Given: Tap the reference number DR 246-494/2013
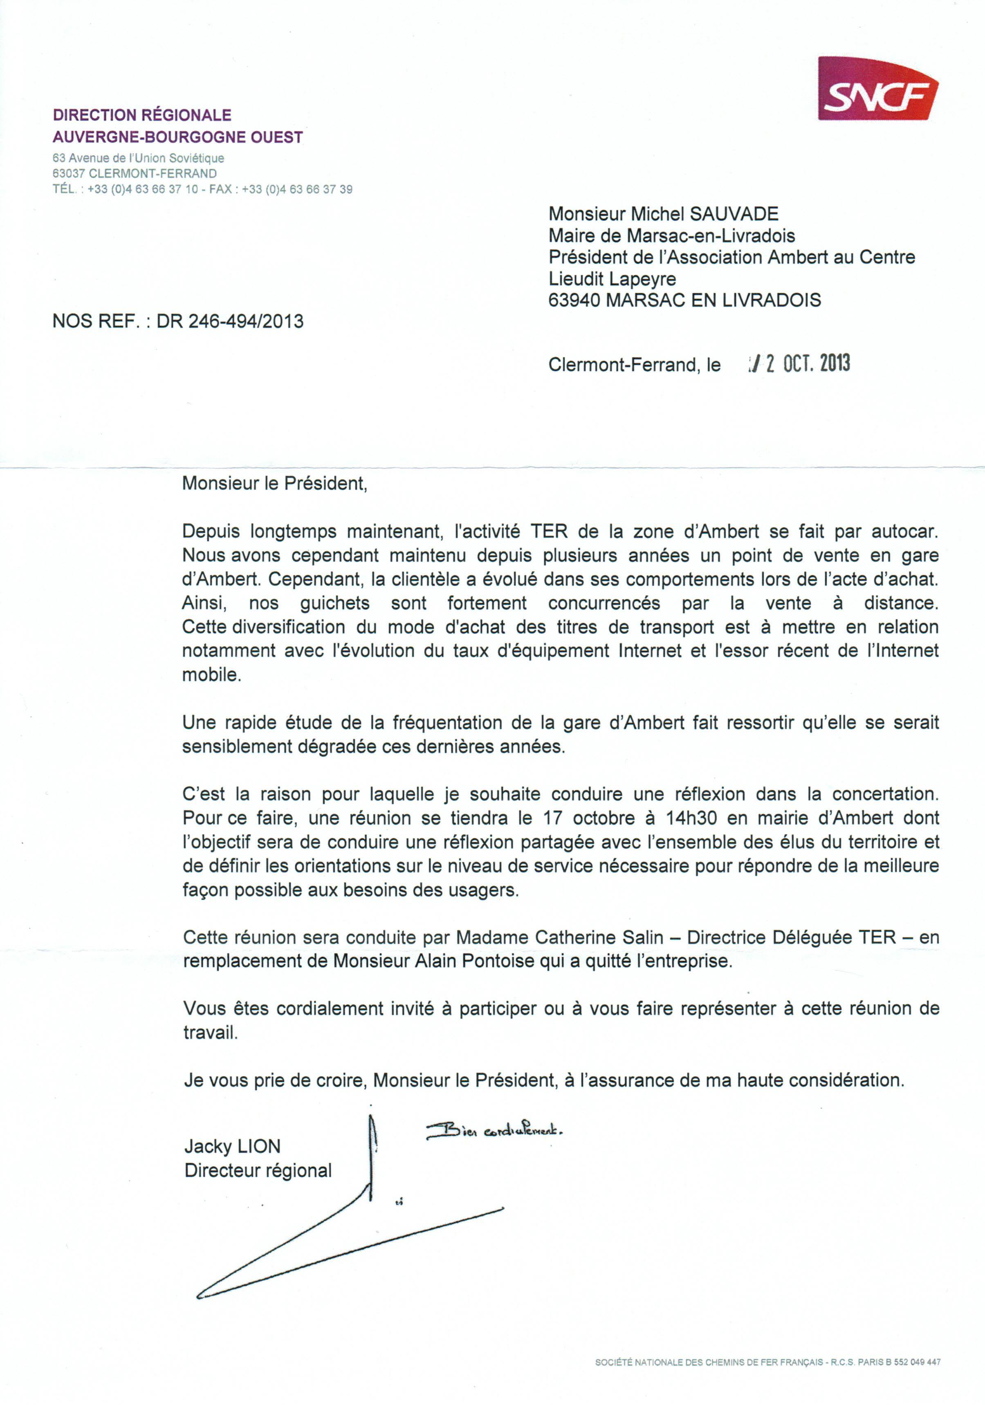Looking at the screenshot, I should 229,321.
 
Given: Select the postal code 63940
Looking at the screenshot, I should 574,300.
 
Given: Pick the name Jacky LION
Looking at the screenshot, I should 232,1146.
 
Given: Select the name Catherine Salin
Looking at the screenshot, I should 599,937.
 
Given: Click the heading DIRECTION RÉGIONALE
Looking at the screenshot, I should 142,115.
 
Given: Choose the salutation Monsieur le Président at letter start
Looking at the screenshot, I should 274,484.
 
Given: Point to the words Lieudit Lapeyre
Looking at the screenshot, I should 612,279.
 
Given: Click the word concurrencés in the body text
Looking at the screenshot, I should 604,603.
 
